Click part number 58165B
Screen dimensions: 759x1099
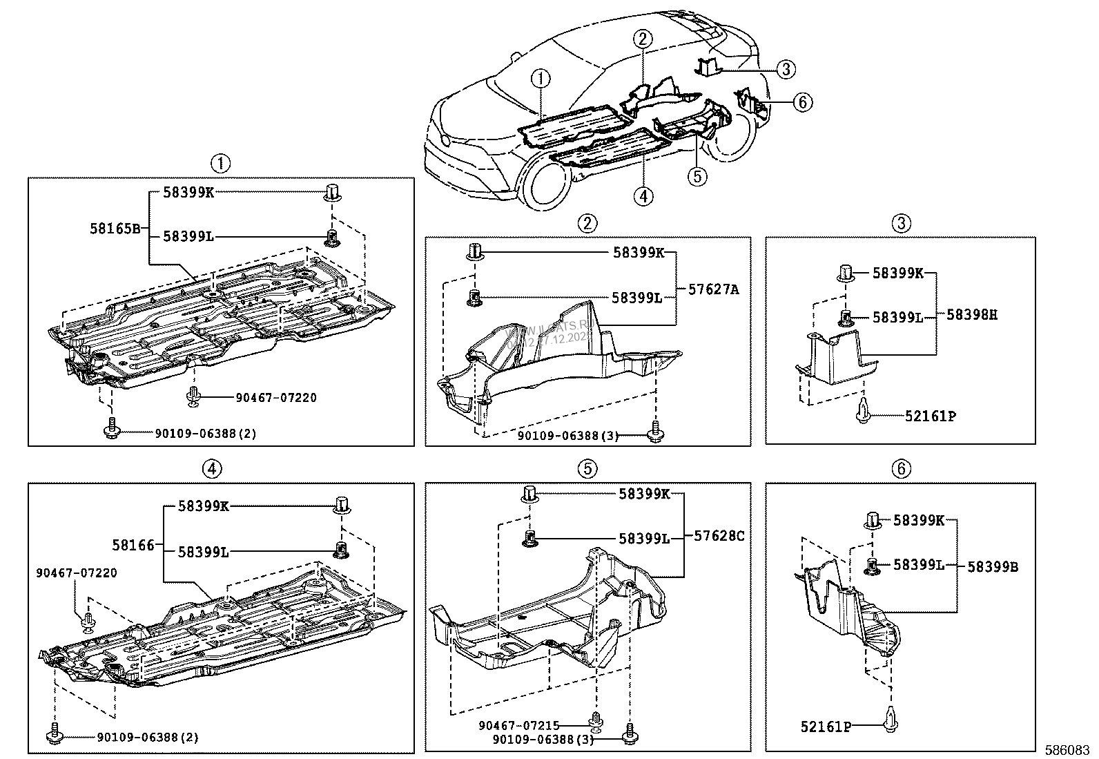tap(115, 228)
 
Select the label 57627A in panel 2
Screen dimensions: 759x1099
tap(713, 290)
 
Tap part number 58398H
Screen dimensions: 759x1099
tap(971, 315)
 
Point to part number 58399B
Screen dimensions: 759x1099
tap(992, 566)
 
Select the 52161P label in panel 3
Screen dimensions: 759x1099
tap(931, 416)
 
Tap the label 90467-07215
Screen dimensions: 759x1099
tap(518, 725)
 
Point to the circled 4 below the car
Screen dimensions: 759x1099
tap(643, 196)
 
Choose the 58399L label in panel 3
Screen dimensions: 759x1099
tap(897, 317)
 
